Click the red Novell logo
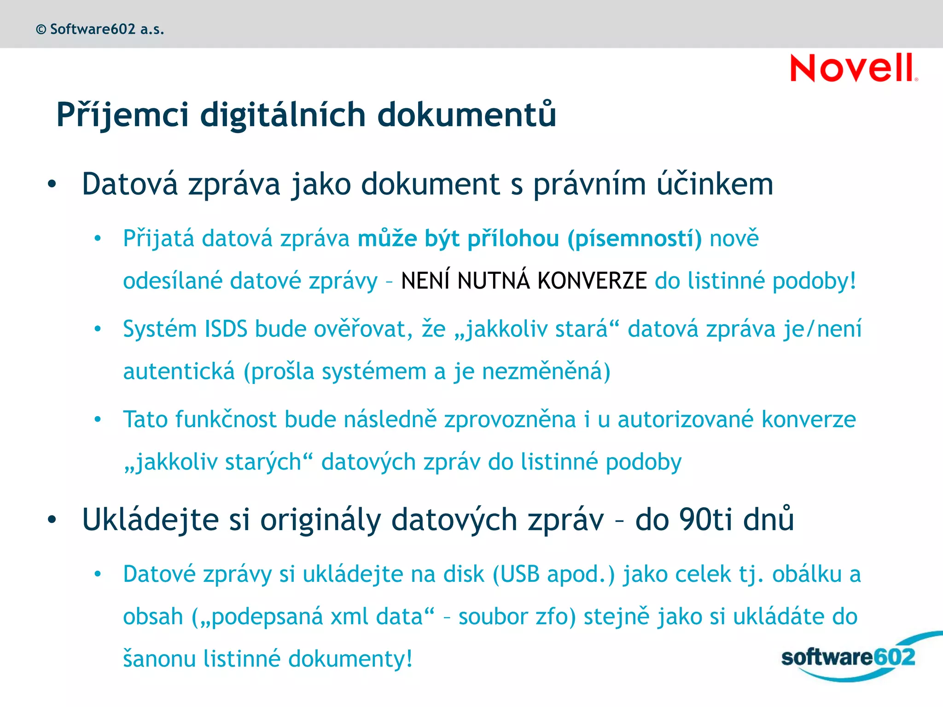pos(853,68)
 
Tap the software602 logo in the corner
pos(848,657)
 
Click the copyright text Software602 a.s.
pos(100,29)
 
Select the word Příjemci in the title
pos(122,115)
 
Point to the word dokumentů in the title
pos(466,115)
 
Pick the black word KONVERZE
pos(592,281)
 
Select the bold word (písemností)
pos(634,239)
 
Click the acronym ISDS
pos(226,329)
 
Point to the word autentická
pos(179,371)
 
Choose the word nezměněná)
pos(546,371)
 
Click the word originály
pos(321,520)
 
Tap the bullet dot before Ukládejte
pos(52,520)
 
